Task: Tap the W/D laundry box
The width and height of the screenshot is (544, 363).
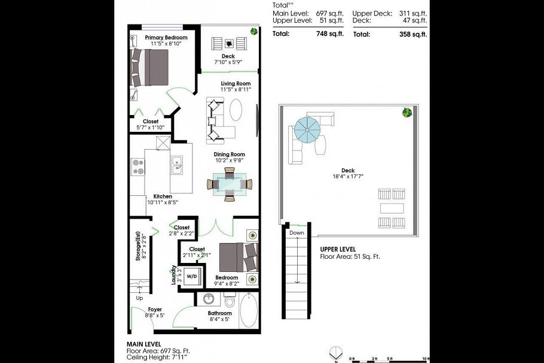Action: (x=191, y=276)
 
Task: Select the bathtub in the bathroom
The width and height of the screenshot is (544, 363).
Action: (x=249, y=310)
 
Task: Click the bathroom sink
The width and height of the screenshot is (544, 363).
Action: (x=209, y=299)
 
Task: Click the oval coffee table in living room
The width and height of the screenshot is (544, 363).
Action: (x=237, y=110)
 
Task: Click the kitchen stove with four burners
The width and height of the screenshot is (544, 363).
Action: (x=137, y=167)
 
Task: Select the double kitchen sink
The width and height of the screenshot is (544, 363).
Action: (x=177, y=165)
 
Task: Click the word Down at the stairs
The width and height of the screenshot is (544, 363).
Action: (x=297, y=232)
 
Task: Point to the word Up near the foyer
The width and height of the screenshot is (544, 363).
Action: (x=140, y=297)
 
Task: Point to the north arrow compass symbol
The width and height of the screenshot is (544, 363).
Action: (x=337, y=352)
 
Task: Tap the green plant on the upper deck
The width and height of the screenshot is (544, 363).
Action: (x=408, y=112)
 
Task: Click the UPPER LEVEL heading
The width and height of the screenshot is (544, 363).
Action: (x=338, y=249)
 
